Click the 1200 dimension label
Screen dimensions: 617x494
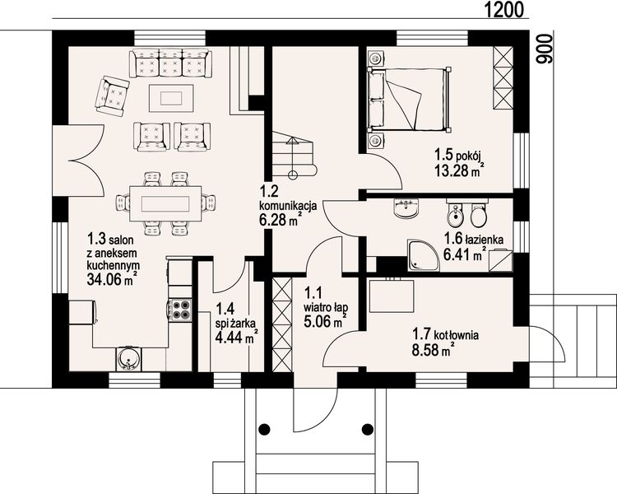503,9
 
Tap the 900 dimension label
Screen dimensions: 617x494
543,49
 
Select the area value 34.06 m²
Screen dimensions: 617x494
112,279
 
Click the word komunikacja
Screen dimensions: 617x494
288,205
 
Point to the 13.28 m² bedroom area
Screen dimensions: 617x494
459,170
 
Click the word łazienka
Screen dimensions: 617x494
484,239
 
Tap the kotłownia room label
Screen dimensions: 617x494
457,335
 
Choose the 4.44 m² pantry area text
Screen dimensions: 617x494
236,337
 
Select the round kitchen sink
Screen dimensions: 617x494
128,359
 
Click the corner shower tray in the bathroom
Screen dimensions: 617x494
423,255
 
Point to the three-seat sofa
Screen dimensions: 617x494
170,63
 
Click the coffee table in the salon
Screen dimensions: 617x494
171,99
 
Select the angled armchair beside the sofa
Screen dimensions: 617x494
112,96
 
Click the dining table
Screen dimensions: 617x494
165,204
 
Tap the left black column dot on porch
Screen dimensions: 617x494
264,428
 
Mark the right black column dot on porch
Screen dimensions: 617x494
368,428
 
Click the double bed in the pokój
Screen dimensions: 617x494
409,100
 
